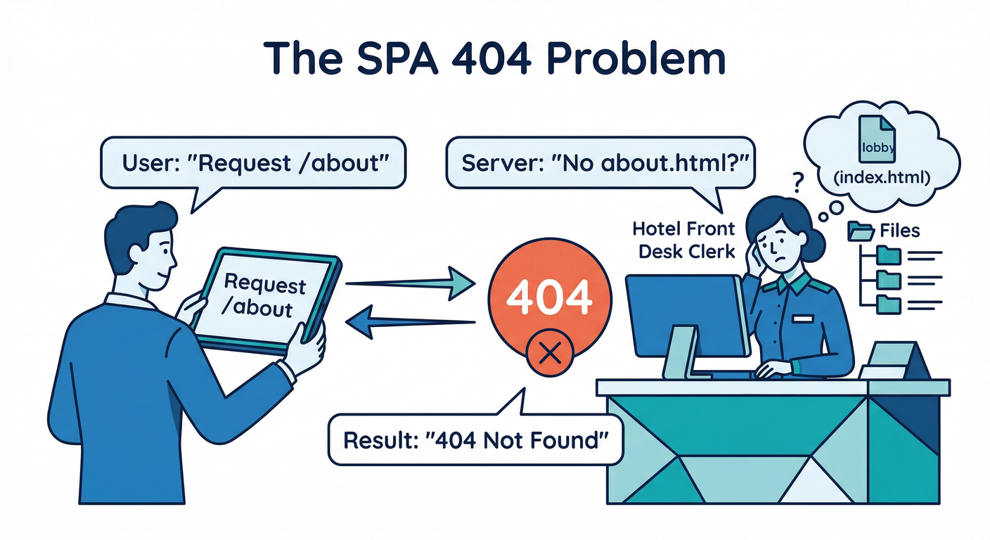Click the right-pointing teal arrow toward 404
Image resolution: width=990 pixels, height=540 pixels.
click(x=411, y=283)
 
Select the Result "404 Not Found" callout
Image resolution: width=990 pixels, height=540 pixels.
click(x=475, y=440)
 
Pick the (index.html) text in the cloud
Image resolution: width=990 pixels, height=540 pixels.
click(x=880, y=179)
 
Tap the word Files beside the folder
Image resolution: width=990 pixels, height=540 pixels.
click(x=899, y=231)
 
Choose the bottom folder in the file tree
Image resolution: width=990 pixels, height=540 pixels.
click(x=889, y=304)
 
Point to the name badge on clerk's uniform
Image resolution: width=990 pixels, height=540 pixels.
click(x=802, y=319)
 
